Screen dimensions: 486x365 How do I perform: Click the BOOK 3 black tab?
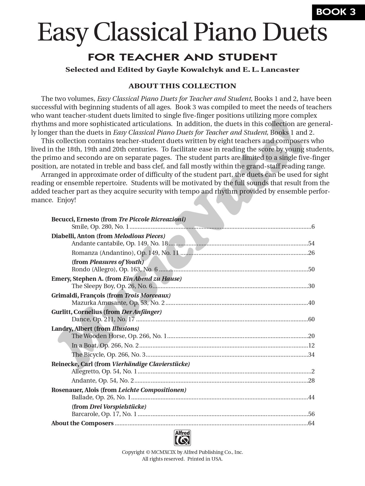(x=336, y=12)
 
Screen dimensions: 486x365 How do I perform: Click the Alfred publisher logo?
(x=182, y=438)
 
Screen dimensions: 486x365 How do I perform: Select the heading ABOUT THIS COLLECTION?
(x=182, y=86)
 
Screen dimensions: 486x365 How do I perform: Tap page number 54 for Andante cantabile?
(x=311, y=244)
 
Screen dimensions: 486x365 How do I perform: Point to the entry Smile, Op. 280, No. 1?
(x=100, y=227)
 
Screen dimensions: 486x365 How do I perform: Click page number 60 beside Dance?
(x=311, y=319)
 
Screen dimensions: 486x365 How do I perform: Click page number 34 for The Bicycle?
(x=311, y=355)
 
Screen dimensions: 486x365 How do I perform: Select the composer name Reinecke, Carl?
(x=72, y=364)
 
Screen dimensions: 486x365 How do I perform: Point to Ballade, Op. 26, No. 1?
(x=101, y=397)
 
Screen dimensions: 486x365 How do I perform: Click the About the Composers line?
(x=82, y=423)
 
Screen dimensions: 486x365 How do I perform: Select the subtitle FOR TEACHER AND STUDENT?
(x=182, y=57)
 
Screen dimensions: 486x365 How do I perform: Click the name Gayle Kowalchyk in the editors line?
(x=190, y=70)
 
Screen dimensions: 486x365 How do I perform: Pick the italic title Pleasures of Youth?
(x=116, y=262)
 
